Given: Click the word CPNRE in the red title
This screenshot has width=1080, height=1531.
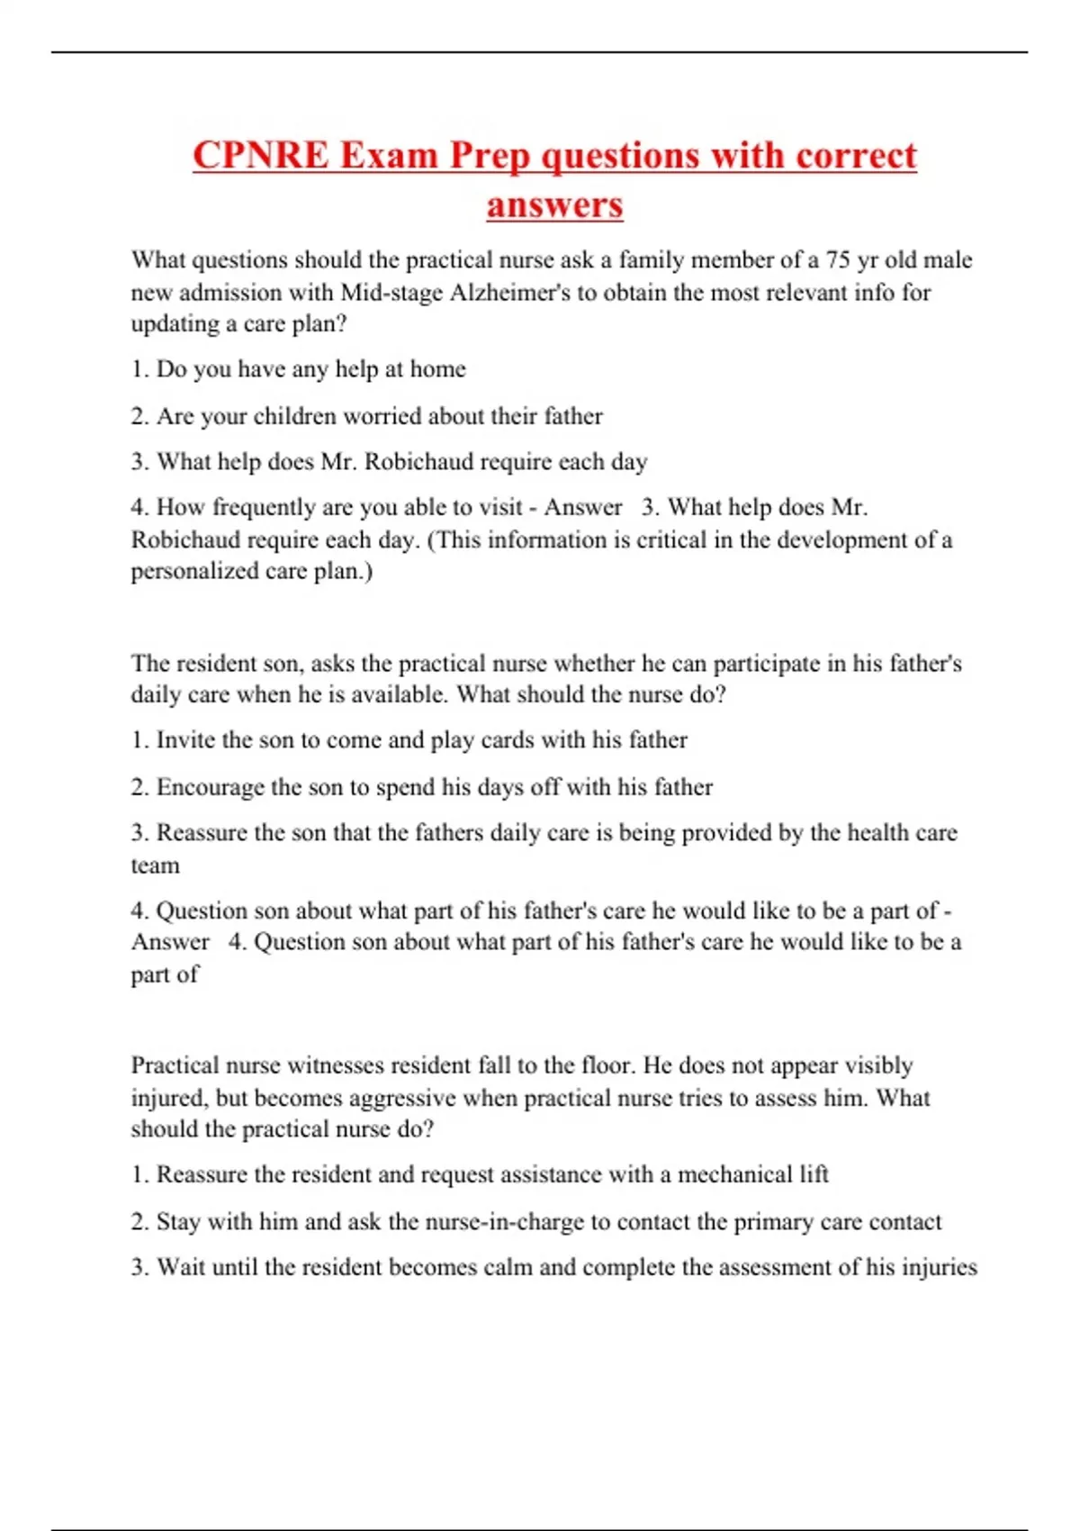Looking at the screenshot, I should pos(261,156).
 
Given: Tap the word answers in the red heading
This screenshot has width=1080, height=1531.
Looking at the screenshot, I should pos(554,204).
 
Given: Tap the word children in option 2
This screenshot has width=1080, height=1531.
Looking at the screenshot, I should pos(297,416).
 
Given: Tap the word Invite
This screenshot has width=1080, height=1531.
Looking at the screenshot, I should pos(185,740).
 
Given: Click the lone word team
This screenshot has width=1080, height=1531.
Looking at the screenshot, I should pos(155,865).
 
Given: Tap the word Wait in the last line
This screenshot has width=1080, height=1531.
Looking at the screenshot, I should pos(180,1267).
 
